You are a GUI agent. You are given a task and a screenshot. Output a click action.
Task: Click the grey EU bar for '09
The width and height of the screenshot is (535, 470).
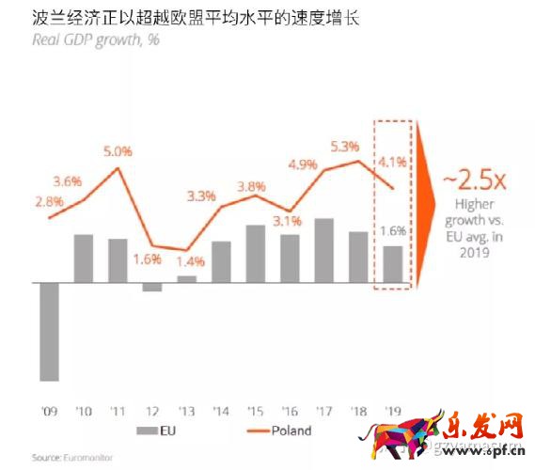(x=50, y=331)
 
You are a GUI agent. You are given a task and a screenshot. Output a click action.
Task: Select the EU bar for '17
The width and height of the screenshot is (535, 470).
(x=324, y=250)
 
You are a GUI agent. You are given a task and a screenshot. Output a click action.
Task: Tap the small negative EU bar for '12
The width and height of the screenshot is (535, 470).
(x=152, y=287)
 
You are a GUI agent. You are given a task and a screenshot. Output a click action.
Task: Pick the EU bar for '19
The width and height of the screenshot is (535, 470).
(x=393, y=263)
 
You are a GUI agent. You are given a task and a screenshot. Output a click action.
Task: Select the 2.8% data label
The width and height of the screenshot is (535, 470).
(x=50, y=200)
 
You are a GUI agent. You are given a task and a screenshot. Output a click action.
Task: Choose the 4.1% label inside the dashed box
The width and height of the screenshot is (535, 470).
(x=393, y=163)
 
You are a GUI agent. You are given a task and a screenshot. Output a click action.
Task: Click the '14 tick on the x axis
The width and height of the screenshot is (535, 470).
(x=221, y=411)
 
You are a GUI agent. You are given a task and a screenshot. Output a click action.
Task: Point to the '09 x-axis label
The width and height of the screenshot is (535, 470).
(x=49, y=411)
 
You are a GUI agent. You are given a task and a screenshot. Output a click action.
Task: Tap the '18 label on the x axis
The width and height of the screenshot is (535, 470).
(x=358, y=411)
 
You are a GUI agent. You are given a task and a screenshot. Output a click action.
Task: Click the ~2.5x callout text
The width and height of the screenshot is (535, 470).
(x=463, y=179)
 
